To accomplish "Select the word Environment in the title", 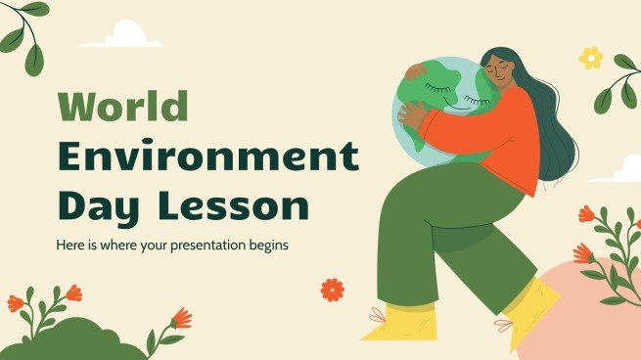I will pos(207,157).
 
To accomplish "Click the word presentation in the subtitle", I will pos(204,244).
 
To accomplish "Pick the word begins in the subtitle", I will pos(268,244).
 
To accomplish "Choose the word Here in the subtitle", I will pos(72,244).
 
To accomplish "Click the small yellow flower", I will pos(591,57).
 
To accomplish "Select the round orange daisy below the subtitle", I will pos(333,290).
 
